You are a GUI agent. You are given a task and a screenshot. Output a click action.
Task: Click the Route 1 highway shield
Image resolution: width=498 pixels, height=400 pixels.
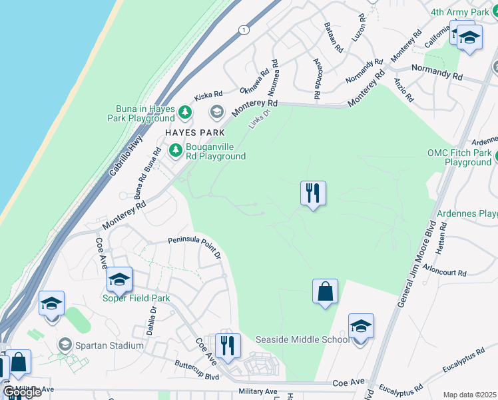click(x=244, y=30)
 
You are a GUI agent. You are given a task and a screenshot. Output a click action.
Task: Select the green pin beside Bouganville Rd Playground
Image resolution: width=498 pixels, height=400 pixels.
click(x=176, y=151)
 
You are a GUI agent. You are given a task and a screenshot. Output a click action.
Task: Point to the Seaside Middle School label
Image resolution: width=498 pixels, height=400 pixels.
click(x=303, y=339)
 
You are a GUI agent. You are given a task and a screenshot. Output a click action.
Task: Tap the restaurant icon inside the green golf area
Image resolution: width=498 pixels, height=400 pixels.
click(x=313, y=193)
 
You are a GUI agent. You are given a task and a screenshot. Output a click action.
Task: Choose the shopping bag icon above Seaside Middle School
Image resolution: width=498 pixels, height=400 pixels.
click(x=325, y=291)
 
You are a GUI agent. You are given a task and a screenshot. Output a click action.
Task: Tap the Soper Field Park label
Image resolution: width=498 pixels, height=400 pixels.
click(x=136, y=298)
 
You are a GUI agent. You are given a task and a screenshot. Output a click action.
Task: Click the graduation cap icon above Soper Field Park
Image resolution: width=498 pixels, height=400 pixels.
click(x=119, y=279)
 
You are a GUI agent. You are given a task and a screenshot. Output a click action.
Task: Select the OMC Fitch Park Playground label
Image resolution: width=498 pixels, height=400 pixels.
click(x=459, y=157)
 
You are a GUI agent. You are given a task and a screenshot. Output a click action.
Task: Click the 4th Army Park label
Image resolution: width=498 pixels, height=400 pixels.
click(x=459, y=12)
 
